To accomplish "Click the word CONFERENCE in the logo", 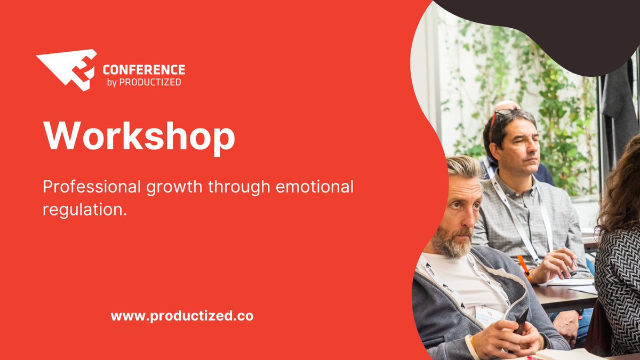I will pos(143,70).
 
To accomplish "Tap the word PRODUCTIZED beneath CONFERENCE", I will pos(150,83).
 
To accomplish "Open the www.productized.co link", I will pos(182,316).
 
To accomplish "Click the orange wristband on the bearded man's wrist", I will pos(473,343).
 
